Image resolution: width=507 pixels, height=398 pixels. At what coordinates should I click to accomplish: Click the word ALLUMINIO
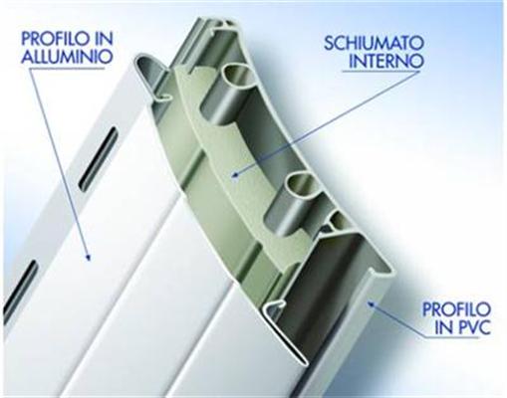pyautogui.click(x=67, y=56)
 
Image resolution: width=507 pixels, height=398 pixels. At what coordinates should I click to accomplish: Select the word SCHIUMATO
pyautogui.click(x=374, y=43)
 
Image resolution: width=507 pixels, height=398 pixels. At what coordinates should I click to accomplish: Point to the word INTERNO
pyautogui.click(x=385, y=61)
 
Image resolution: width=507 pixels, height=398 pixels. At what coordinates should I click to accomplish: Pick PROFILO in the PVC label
pyautogui.click(x=456, y=309)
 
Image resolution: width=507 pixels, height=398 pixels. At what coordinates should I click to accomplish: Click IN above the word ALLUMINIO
pyautogui.click(x=105, y=38)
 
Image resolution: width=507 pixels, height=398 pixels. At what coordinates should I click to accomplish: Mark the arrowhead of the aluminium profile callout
pyautogui.click(x=88, y=256)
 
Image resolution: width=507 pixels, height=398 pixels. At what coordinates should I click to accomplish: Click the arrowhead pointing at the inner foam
pyautogui.click(x=235, y=174)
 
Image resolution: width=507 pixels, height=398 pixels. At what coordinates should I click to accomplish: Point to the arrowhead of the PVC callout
pyautogui.click(x=371, y=302)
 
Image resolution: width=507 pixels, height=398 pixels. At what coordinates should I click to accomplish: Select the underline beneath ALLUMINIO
pyautogui.click(x=67, y=69)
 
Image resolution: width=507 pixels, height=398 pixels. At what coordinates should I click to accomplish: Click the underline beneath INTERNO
pyautogui.click(x=381, y=71)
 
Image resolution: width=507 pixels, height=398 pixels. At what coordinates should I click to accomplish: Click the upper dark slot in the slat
pyautogui.click(x=98, y=158)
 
